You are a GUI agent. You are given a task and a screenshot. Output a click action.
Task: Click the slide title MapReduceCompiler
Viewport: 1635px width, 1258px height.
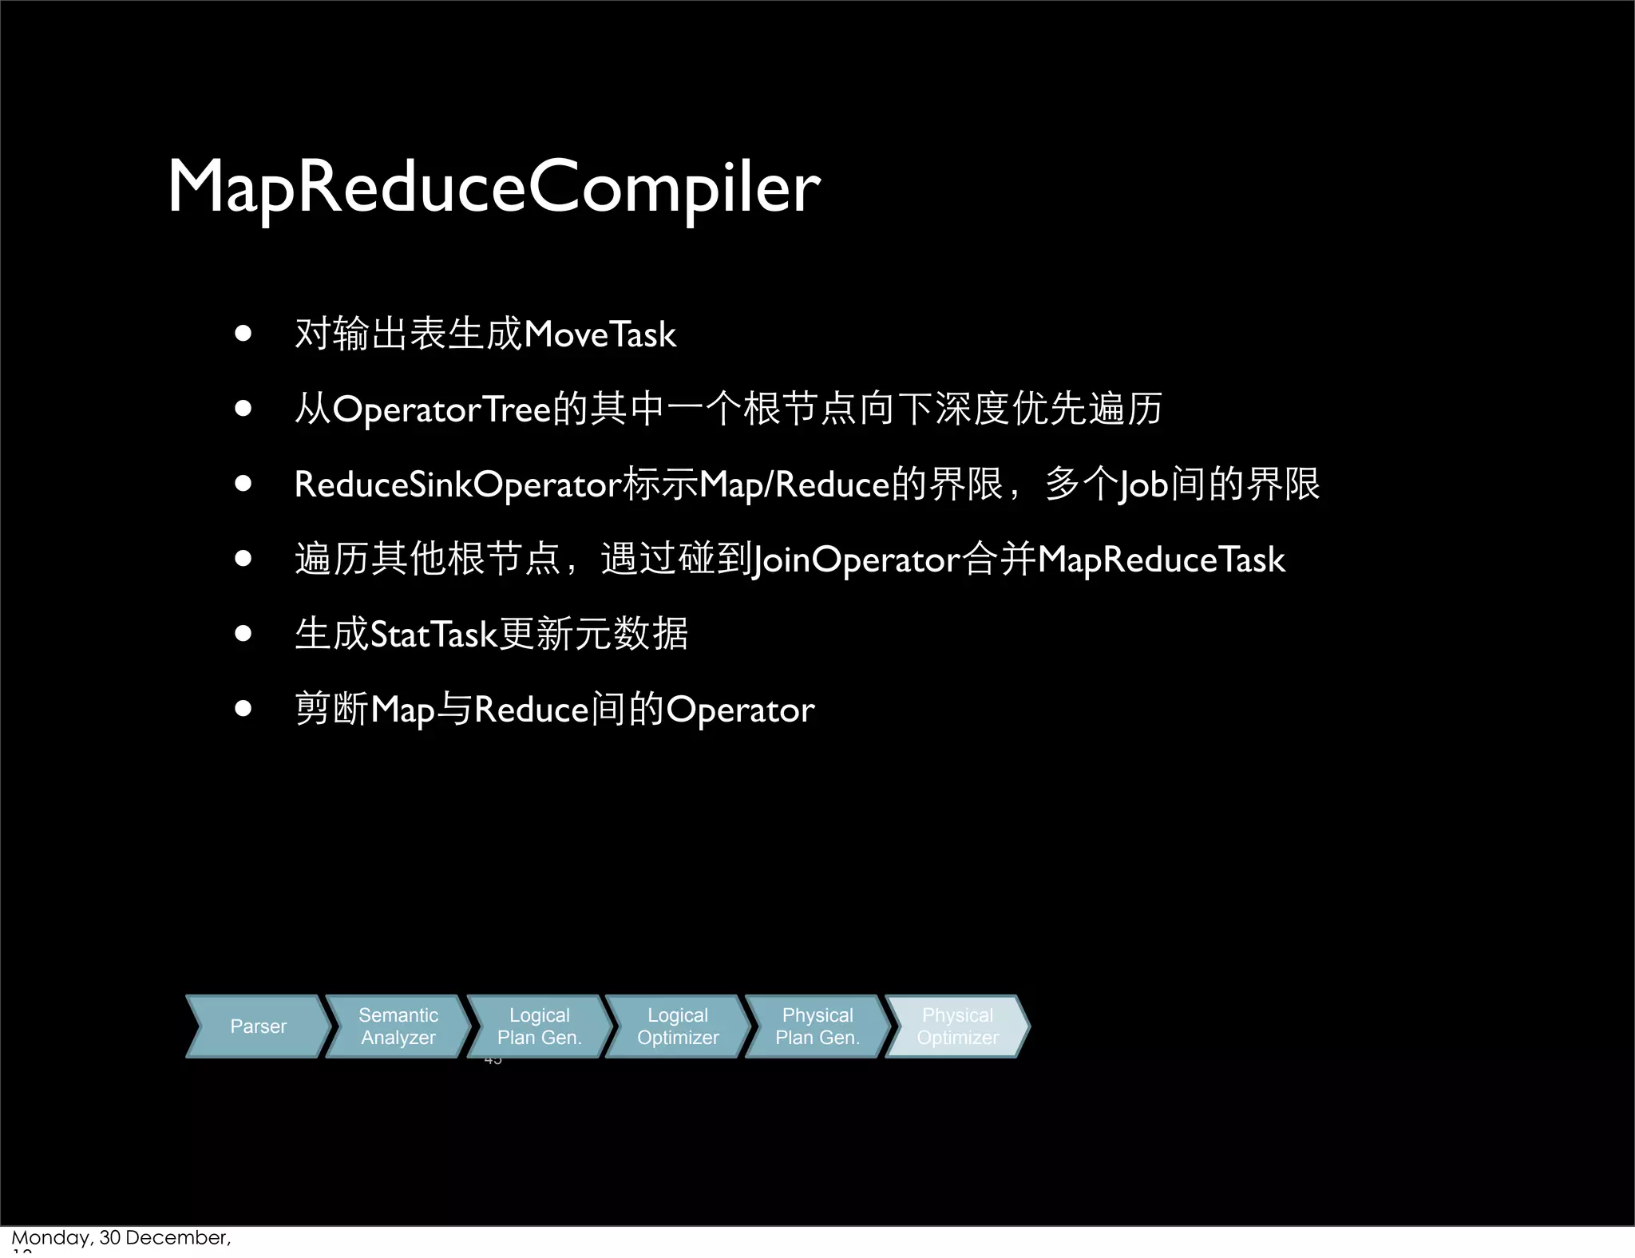tap(493, 188)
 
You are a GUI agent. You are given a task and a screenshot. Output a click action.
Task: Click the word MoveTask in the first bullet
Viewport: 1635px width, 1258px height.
tap(600, 334)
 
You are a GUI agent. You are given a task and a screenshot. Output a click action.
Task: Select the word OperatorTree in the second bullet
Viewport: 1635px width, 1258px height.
tap(441, 409)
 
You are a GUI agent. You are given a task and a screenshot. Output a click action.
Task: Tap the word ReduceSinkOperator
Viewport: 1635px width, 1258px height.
tap(457, 485)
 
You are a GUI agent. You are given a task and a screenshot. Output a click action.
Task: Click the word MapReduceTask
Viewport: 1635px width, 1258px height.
tap(1161, 560)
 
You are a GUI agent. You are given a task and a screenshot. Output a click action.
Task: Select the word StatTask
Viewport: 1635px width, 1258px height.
tap(433, 635)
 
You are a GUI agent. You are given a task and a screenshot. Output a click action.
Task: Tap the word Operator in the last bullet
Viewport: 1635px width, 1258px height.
tap(740, 710)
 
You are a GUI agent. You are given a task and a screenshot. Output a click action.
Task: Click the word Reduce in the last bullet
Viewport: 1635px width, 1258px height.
tap(531, 710)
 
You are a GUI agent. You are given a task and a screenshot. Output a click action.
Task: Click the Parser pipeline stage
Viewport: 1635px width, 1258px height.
tap(258, 1027)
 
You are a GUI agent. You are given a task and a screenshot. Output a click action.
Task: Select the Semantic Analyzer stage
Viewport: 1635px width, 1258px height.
tap(398, 1027)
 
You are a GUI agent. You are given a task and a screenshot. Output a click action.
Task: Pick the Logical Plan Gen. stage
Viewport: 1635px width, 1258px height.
tap(539, 1027)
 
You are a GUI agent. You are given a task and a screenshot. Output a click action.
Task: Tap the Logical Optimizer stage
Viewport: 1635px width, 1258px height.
tap(678, 1027)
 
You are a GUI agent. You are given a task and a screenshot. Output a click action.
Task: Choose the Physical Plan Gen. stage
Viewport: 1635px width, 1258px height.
tap(817, 1027)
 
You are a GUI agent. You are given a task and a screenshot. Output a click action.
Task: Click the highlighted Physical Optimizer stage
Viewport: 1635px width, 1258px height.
tap(957, 1027)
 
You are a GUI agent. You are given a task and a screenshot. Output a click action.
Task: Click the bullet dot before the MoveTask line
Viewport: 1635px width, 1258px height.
tap(243, 334)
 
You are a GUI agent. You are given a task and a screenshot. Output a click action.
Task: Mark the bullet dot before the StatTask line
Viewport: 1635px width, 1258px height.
tap(243, 634)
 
